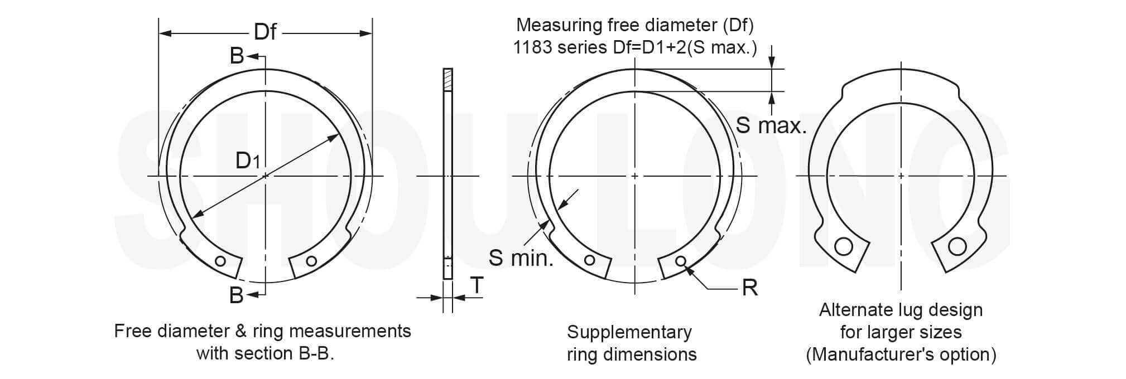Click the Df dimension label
click(265, 32)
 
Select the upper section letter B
click(237, 56)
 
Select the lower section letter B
click(237, 295)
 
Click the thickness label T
click(477, 285)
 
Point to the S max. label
click(771, 125)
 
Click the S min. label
click(521, 257)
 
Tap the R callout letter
click(750, 288)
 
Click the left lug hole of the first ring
click(221, 261)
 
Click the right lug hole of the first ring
click(311, 261)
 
